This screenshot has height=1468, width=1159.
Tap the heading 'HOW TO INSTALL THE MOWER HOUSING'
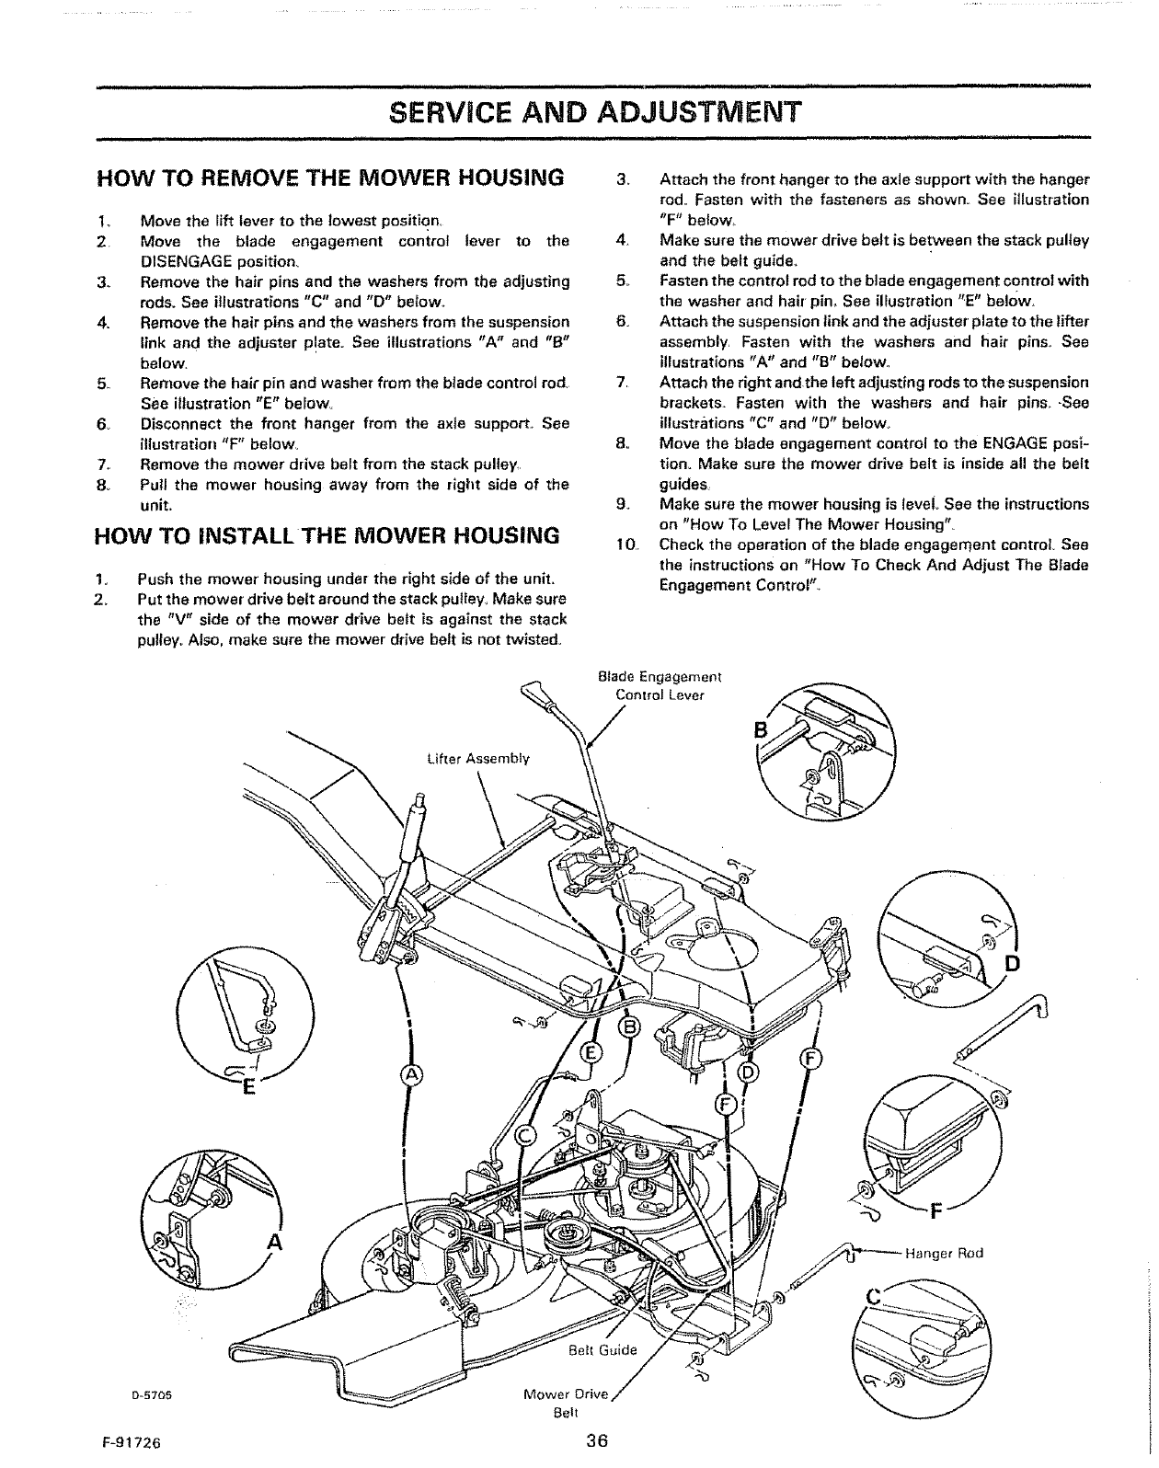(x=327, y=535)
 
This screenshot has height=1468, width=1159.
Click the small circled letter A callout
(x=410, y=1076)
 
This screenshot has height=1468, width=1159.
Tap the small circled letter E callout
(x=593, y=1054)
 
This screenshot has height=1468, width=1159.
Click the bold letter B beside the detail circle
(x=761, y=730)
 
